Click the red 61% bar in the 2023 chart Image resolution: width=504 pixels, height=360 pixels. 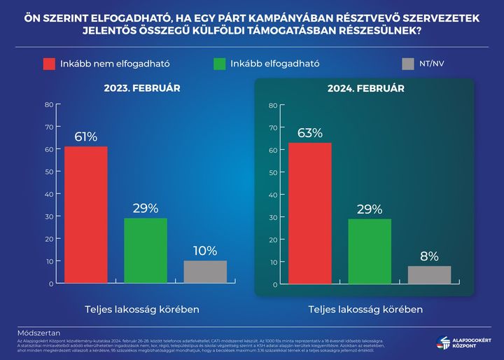point(86,214)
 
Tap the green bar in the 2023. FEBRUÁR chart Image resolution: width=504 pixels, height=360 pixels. point(146,250)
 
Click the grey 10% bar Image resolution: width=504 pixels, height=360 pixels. point(205,272)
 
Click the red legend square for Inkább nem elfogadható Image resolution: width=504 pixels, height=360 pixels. point(49,64)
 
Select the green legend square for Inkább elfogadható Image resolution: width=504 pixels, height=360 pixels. point(219,64)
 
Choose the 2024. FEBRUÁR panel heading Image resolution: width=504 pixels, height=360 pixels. point(365,89)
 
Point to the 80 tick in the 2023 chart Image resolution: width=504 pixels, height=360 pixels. point(49,104)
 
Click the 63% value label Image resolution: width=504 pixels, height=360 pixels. point(309,132)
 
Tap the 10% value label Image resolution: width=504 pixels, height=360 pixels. point(205,251)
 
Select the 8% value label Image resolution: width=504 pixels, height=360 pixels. point(429,256)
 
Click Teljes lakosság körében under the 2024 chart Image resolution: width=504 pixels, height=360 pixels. point(365,309)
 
